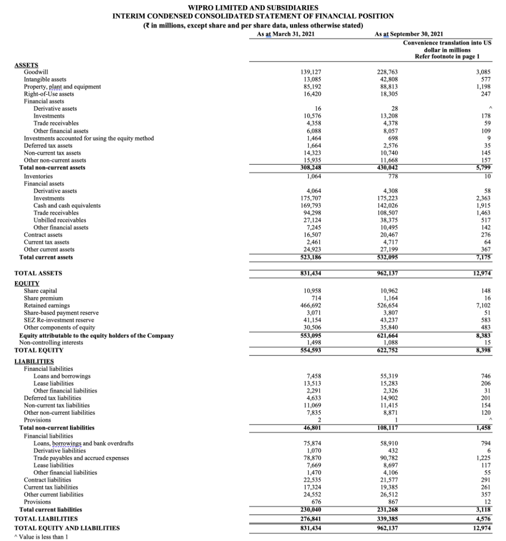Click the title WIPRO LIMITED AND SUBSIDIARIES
(x=253, y=8)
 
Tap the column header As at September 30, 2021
(x=409, y=34)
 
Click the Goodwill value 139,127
(x=311, y=72)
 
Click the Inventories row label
(x=38, y=176)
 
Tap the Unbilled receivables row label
(x=60, y=220)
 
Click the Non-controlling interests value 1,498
(x=313, y=343)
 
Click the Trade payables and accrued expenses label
(x=81, y=458)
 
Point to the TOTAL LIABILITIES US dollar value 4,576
(x=483, y=518)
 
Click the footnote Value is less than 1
(x=43, y=536)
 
